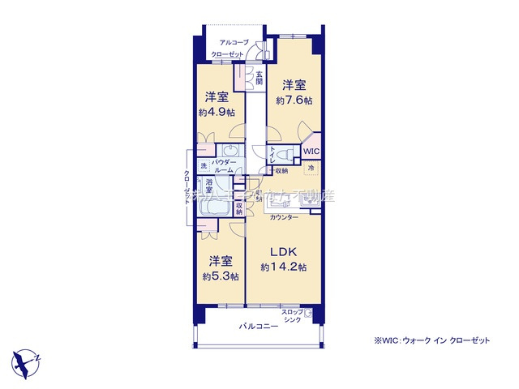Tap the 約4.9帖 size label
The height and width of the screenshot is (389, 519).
217,112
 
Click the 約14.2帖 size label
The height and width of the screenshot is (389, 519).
283,266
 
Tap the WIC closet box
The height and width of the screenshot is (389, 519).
312,152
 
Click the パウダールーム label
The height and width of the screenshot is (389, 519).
224,167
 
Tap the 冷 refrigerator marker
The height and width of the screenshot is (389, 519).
311,168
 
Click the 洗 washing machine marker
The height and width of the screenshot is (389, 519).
204,166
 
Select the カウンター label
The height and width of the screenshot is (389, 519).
283,218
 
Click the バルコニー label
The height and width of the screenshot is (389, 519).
258,327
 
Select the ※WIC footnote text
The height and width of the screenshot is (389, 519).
432,340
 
